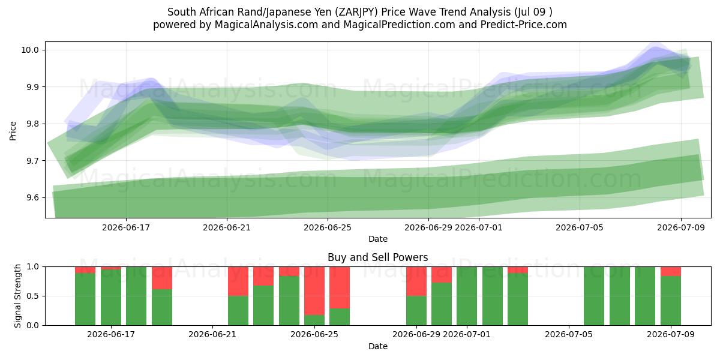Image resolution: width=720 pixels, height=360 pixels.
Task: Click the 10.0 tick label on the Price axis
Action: tap(30, 50)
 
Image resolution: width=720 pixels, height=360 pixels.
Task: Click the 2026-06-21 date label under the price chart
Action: tap(227, 227)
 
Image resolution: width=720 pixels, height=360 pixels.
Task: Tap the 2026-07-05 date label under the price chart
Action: tap(580, 227)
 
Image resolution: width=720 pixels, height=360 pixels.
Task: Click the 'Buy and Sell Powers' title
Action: tap(377, 257)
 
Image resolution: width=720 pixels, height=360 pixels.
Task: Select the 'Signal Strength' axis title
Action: tap(17, 296)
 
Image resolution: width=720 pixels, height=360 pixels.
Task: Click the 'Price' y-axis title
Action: tap(13, 131)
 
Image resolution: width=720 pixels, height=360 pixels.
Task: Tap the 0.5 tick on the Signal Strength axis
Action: tap(32, 296)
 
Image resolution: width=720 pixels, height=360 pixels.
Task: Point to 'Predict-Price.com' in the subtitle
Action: tap(524, 25)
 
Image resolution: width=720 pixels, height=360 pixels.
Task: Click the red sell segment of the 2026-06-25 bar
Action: tap(314, 291)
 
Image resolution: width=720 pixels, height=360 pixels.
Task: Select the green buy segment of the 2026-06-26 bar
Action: tap(340, 317)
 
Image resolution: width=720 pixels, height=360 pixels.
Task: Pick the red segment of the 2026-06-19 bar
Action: tap(162, 278)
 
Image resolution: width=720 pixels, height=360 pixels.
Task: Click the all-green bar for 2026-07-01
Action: tap(467, 296)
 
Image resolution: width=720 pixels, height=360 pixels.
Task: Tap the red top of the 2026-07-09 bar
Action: tap(671, 271)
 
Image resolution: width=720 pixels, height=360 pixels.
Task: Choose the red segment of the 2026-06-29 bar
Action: tap(416, 281)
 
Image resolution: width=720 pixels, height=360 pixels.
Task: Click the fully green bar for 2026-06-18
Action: tap(136, 296)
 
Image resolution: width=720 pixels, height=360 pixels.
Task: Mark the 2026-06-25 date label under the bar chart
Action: tap(314, 335)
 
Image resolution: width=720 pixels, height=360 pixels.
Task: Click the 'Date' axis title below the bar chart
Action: tap(377, 346)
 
